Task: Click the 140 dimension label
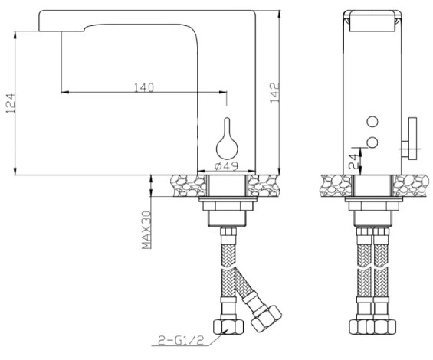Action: coord(144,87)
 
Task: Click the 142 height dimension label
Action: coord(275,93)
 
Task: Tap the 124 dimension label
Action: coord(11,103)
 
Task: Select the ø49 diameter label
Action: coord(226,166)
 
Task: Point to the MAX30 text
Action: coord(146,230)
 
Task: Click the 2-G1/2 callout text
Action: coord(181,340)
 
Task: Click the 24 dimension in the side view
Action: coord(353,161)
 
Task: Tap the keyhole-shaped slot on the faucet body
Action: coord(227,139)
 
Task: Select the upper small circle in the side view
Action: coord(372,122)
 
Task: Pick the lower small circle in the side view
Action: coord(372,142)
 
